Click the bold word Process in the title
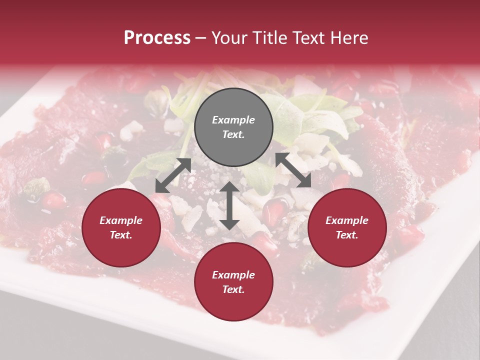(x=157, y=38)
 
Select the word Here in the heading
(x=348, y=38)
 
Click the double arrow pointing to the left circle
(x=173, y=175)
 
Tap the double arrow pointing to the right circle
(x=293, y=170)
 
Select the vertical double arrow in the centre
(x=229, y=205)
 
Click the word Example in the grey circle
(x=233, y=120)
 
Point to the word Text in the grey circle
(x=232, y=134)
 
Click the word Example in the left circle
(x=121, y=220)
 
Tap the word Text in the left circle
(x=120, y=235)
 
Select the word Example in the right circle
(x=347, y=220)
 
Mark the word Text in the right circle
(x=346, y=235)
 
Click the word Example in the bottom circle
(x=233, y=275)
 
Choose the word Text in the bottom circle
(x=232, y=289)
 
